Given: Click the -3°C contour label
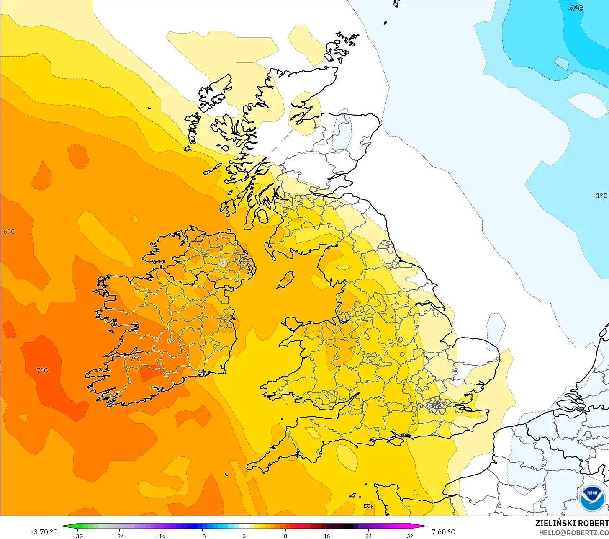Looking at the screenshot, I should point(576,8).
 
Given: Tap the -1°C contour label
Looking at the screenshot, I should point(600,196).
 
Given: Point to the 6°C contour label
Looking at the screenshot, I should point(9,232).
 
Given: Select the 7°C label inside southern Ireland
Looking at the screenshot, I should point(135,359).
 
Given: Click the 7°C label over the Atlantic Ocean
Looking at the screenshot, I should point(42,370).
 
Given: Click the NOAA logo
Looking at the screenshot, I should point(592,498).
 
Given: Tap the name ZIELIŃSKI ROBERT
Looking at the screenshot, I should point(572,523).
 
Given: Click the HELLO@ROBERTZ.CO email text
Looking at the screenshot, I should point(574,533).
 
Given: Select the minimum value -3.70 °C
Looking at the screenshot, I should point(44,532).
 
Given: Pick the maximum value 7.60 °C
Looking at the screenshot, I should point(443,532).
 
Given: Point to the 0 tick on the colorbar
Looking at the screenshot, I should point(244,536).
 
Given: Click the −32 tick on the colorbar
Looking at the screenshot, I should point(77,536).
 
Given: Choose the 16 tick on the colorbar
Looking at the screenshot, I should point(327,536).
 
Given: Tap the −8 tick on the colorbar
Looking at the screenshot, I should point(202,536).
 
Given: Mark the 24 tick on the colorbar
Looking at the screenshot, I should point(368,536).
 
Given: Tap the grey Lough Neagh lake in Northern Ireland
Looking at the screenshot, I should point(223,262).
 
